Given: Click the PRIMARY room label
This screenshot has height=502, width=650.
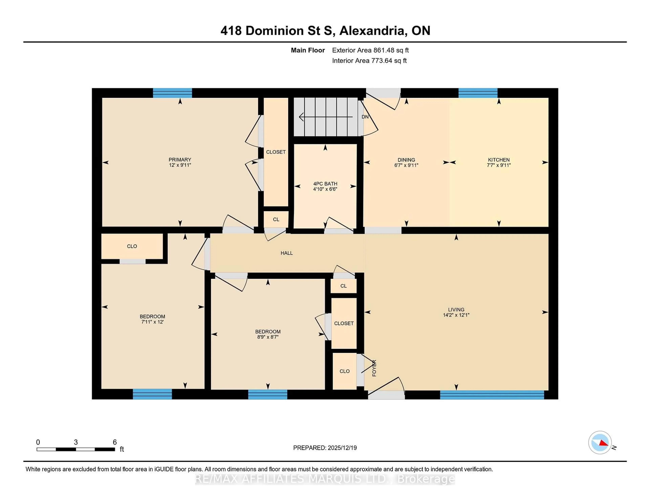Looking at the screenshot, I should coord(180,160).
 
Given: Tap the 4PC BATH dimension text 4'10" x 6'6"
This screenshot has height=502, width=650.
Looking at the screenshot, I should coord(325,189).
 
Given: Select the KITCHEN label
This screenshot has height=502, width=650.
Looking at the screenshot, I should coord(499,160).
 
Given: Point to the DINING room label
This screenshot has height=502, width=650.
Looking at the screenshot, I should coord(406,160).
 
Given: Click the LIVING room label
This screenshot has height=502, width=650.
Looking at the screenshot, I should coord(456,310).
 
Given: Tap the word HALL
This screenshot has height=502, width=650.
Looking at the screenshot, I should coord(287,253).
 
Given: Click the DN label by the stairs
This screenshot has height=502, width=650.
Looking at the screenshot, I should coord(365,117).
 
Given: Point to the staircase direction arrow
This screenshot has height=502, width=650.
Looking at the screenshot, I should coord(326,117).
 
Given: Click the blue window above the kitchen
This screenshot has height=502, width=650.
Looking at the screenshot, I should coord(478,93).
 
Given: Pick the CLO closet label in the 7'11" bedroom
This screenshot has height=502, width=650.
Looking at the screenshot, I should coord(132,246).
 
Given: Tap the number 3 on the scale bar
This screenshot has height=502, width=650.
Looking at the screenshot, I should coord(76,442).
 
